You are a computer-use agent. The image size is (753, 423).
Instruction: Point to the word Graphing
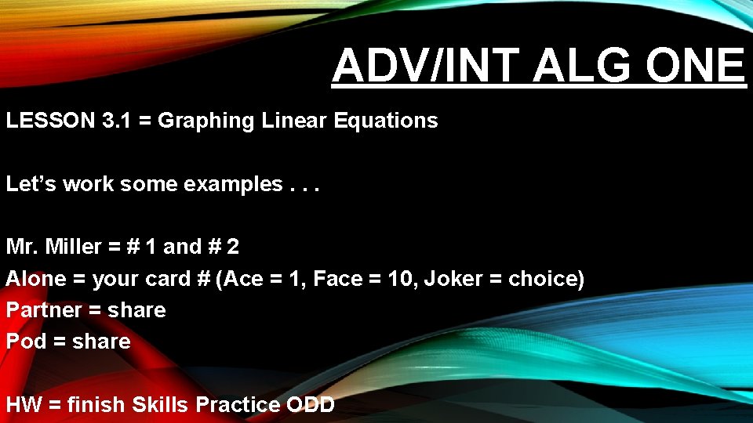pyautogui.click(x=206, y=121)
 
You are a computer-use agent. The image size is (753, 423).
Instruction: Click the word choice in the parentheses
pyautogui.click(x=544, y=279)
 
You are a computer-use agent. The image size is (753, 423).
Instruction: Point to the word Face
pyautogui.click(x=339, y=279)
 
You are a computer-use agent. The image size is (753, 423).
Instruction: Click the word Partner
pyautogui.click(x=44, y=310)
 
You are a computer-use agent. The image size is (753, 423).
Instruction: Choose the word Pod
pyautogui.click(x=27, y=342)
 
